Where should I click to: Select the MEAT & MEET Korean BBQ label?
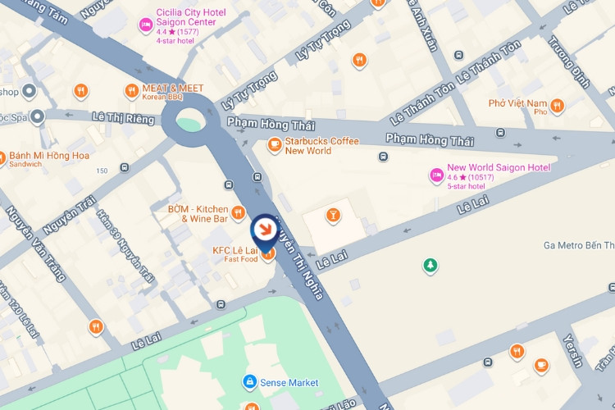click(x=174, y=92)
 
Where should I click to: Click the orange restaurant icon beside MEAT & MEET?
click(x=131, y=90)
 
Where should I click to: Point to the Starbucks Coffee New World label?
click(x=321, y=146)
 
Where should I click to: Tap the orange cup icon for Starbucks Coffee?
click(x=275, y=146)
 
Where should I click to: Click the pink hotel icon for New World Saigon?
click(x=437, y=174)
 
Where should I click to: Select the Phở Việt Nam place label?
click(x=517, y=107)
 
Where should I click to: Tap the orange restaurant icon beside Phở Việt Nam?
click(x=558, y=106)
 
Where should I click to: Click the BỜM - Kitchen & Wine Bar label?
click(x=197, y=213)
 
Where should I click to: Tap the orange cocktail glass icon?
click(x=333, y=216)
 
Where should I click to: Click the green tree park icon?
click(x=429, y=265)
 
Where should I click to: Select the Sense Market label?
click(x=289, y=383)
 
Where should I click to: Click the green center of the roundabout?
click(x=188, y=125)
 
